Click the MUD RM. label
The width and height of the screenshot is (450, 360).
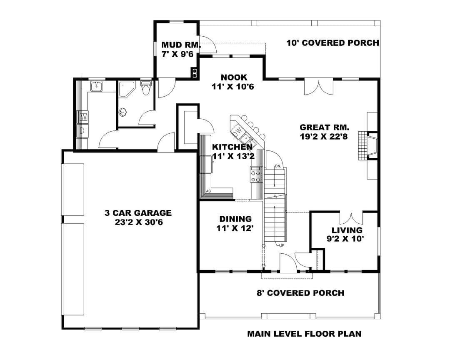[x=181, y=45]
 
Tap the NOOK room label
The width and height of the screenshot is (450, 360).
[x=234, y=77]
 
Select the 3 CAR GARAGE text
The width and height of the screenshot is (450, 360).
[x=138, y=213]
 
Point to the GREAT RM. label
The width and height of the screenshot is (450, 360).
[x=324, y=127]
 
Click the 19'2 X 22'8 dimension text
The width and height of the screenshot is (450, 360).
[x=324, y=136]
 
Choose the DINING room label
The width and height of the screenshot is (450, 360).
[x=235, y=219]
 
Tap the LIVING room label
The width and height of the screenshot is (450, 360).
[x=347, y=230]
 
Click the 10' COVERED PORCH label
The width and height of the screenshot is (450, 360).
[x=333, y=43]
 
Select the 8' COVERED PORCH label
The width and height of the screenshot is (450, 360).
[x=300, y=293]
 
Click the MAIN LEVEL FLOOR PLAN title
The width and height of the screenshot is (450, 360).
[x=305, y=334]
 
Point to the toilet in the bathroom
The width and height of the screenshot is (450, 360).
[x=146, y=88]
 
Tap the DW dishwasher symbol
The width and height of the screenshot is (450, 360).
[x=237, y=131]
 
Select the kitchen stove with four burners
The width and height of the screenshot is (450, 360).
[x=255, y=174]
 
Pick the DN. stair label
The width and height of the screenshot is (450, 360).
[x=278, y=166]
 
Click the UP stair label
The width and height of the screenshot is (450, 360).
[x=282, y=245]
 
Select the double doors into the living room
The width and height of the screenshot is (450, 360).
[x=351, y=218]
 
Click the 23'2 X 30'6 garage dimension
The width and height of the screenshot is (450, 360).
[x=139, y=222]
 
